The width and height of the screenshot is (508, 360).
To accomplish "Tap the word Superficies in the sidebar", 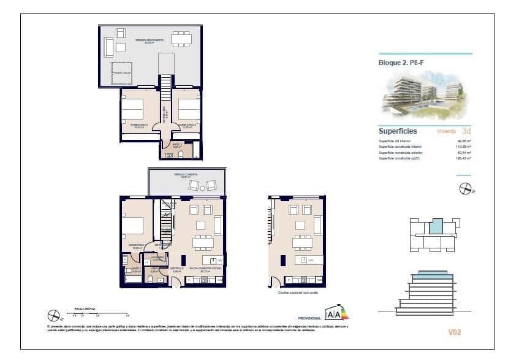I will (x=398, y=131).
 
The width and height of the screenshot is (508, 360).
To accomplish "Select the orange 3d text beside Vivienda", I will (x=466, y=131).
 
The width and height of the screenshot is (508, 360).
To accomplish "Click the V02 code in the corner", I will (x=455, y=332).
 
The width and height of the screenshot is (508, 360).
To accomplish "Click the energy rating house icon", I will (x=336, y=313).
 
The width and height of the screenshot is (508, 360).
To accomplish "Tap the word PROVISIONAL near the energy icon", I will (x=309, y=318).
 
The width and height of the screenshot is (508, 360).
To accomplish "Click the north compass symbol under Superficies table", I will (x=466, y=188).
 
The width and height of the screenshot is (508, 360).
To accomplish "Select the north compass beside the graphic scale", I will (x=53, y=316).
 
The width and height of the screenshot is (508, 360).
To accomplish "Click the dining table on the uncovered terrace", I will (x=181, y=39).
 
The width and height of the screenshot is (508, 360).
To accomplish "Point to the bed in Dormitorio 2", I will (x=133, y=110).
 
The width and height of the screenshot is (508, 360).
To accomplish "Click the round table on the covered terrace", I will (x=203, y=185).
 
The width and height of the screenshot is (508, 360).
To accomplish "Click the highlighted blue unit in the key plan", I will (x=434, y=226).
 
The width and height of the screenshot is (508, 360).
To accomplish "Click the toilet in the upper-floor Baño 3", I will (x=182, y=155).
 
